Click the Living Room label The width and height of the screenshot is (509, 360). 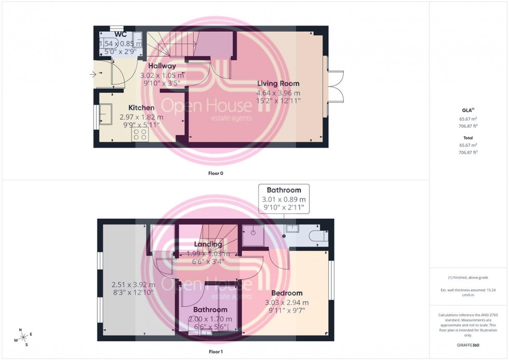click(278, 83)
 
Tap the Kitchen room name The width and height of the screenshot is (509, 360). click(141, 108)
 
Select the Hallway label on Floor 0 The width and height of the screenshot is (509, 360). click(162, 66)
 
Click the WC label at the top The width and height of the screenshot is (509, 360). click(120, 34)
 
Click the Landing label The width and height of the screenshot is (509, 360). click(208, 244)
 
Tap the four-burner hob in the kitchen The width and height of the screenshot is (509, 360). click(140, 135)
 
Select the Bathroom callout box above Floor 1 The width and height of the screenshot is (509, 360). click(284, 199)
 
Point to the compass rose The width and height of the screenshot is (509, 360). click(22, 337)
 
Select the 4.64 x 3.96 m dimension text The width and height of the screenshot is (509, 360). click(278, 94)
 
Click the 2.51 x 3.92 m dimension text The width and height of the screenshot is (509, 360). click(133, 285)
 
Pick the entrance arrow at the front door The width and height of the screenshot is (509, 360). click(93, 75)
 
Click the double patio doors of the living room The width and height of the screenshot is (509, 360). click(336, 86)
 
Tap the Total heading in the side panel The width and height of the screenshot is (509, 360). click(468, 138)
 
